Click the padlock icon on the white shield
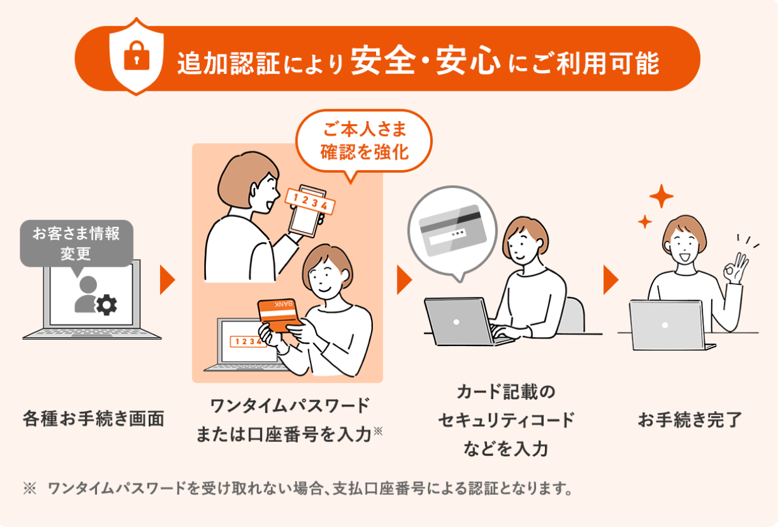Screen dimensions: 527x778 click(137, 59)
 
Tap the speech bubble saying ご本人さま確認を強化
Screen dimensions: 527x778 click(365, 142)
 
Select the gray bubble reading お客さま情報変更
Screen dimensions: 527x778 click(76, 243)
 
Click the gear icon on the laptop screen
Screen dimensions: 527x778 click(106, 306)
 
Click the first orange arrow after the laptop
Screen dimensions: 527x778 click(167, 281)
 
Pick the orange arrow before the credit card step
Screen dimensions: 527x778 click(404, 281)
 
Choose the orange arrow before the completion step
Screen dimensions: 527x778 click(610, 281)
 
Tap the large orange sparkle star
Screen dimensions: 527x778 click(661, 197)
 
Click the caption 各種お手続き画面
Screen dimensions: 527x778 click(94, 418)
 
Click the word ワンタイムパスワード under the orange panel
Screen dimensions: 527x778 click(289, 405)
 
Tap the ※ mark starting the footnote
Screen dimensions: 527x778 click(30, 489)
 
